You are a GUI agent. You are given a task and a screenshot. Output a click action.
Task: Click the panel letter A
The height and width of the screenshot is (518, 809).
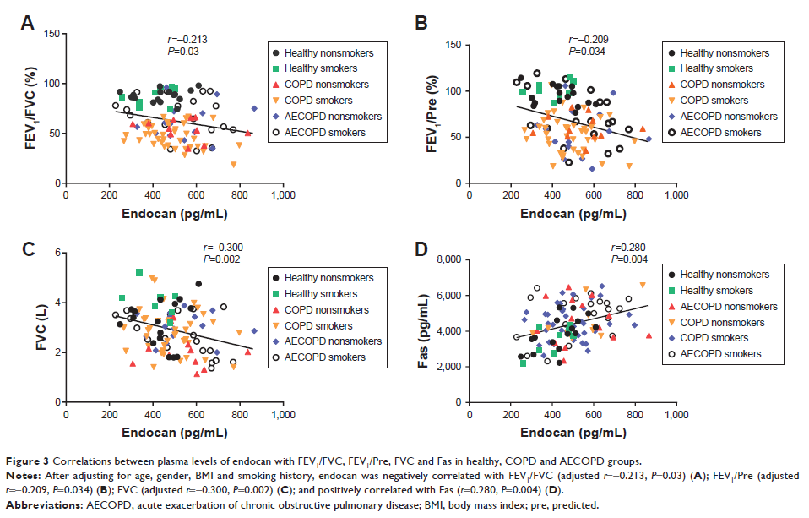(27, 24)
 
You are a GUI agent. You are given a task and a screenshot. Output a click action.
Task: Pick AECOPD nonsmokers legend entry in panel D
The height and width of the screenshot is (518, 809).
(726, 307)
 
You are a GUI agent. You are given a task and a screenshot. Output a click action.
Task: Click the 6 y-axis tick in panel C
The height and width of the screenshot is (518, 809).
(56, 253)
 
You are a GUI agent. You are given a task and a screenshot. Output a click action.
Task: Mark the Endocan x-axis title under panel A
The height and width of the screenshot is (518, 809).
(174, 213)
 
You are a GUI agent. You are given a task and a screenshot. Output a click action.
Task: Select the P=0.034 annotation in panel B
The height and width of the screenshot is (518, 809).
(589, 49)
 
